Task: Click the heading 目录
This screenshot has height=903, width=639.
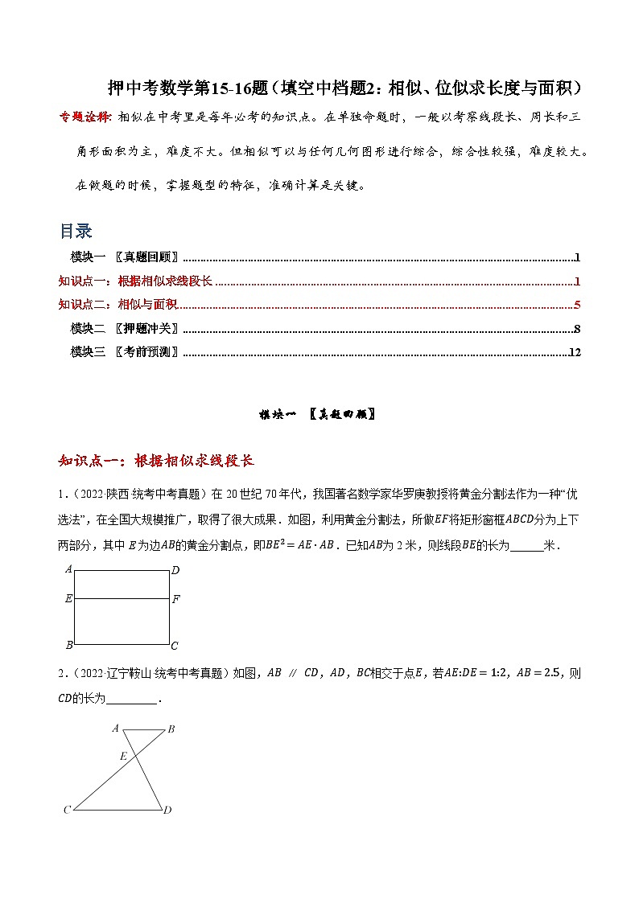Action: point(76,232)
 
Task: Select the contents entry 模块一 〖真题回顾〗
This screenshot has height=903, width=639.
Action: point(125,258)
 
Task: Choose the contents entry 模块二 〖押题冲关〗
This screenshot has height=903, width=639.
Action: point(125,328)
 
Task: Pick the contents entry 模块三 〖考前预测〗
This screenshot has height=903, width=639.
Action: point(125,351)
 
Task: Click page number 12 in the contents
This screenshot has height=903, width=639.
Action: point(575,351)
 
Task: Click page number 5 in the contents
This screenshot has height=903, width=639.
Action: point(578,305)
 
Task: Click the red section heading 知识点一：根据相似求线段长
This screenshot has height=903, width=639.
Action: point(157,461)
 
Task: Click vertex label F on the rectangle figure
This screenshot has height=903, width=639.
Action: point(176,599)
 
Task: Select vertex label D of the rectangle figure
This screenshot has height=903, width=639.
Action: point(175,570)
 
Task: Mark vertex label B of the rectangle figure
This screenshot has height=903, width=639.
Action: point(69,646)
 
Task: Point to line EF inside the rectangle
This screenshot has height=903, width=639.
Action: point(122,599)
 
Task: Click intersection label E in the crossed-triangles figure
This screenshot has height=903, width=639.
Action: point(123,756)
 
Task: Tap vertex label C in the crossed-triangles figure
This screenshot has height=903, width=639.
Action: point(68,810)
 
